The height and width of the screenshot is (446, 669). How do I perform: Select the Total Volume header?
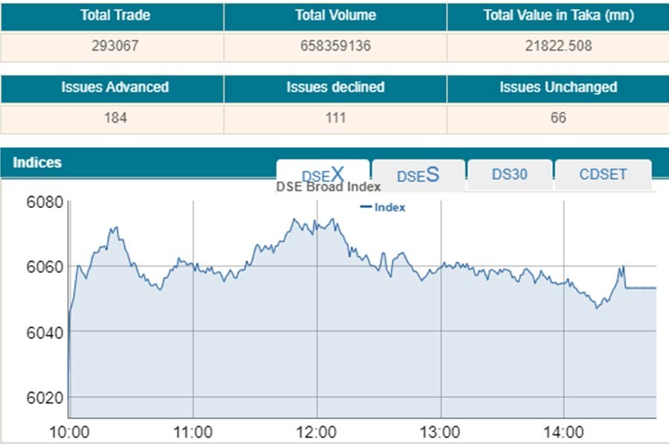click(335, 16)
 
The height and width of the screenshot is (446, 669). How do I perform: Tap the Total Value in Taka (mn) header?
click(558, 16)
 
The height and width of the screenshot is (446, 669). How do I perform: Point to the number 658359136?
click(335, 46)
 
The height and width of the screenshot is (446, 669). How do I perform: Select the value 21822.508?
click(558, 46)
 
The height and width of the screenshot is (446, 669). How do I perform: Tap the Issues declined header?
click(335, 88)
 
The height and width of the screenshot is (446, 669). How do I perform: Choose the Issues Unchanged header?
click(558, 88)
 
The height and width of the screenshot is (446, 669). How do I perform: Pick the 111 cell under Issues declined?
click(335, 118)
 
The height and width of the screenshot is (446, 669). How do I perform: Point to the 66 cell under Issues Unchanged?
click(558, 118)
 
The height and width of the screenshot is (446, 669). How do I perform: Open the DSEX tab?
click(323, 174)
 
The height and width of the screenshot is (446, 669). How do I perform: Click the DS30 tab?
click(510, 175)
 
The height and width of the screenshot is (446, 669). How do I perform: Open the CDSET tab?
click(603, 175)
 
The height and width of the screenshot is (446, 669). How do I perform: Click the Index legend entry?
click(384, 207)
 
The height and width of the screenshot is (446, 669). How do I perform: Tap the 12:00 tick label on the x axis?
click(317, 433)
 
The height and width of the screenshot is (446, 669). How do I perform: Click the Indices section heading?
click(37, 163)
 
